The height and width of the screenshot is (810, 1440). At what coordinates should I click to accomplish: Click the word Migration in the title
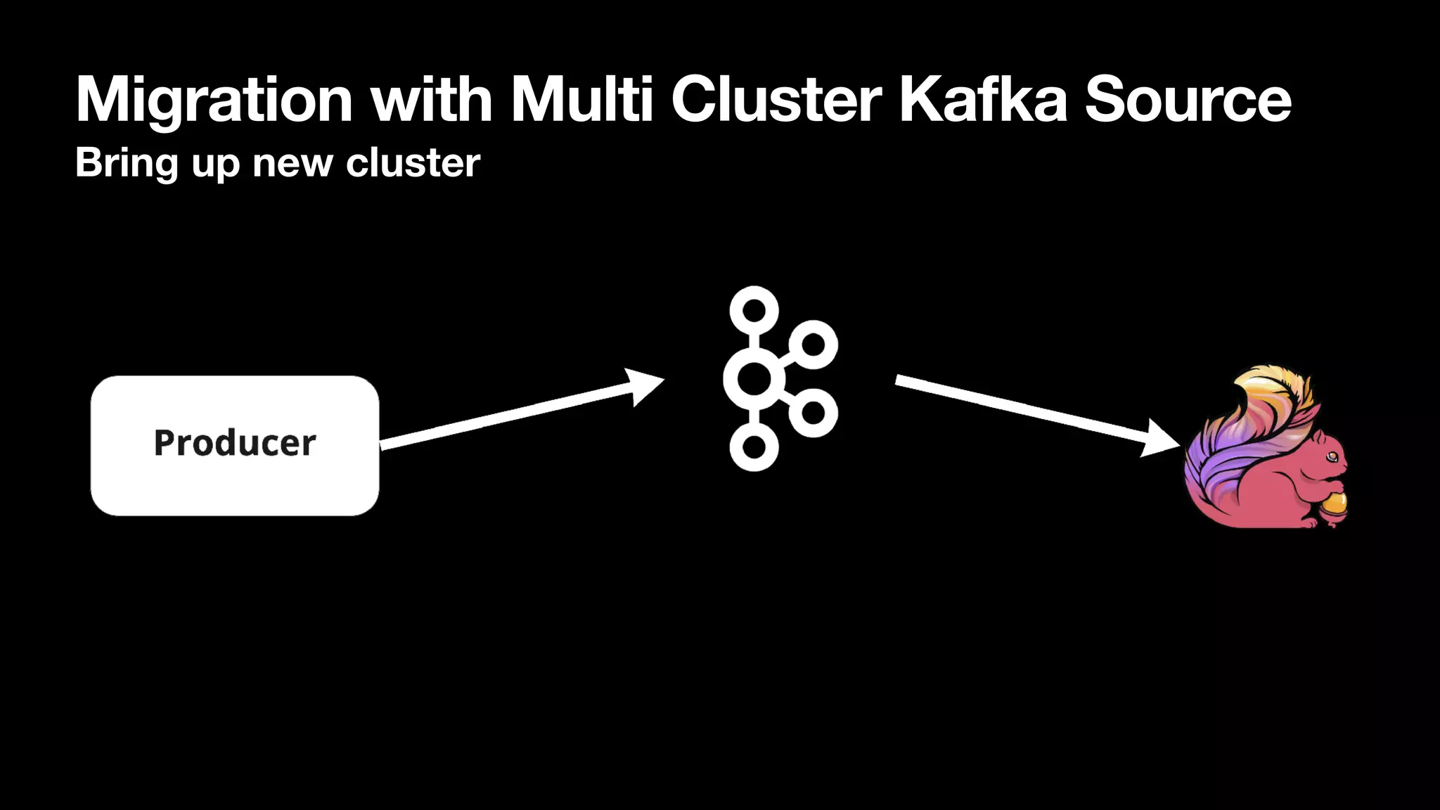click(x=214, y=101)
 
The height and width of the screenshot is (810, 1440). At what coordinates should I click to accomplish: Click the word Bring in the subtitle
click(x=127, y=164)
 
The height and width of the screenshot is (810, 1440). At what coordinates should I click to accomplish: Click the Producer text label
click(x=235, y=443)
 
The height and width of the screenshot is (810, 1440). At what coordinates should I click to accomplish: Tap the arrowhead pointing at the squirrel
click(x=1159, y=438)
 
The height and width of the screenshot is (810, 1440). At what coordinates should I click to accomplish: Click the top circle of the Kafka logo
click(x=754, y=310)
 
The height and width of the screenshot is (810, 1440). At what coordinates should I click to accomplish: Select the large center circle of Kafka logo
click(x=754, y=379)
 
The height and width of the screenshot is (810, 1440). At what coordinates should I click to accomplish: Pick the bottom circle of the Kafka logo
click(x=754, y=447)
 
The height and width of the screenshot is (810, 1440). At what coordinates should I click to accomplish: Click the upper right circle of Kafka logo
click(x=813, y=345)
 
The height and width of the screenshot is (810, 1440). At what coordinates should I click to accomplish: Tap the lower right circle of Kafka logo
click(x=813, y=413)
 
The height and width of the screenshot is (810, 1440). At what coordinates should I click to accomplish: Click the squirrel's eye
click(x=1332, y=458)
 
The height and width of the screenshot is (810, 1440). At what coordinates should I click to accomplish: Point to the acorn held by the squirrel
click(x=1333, y=505)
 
